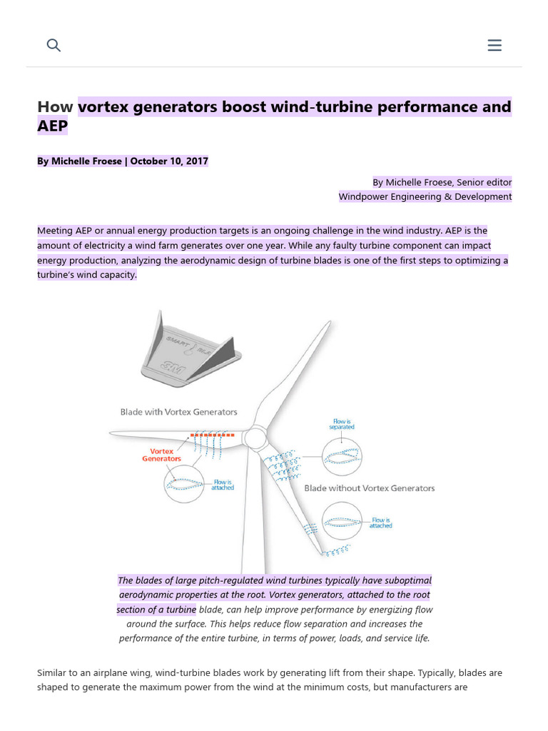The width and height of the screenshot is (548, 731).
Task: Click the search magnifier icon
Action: pos(54,45)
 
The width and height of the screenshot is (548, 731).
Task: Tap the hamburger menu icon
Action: pos(494,45)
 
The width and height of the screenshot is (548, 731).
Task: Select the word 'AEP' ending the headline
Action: pos(52,126)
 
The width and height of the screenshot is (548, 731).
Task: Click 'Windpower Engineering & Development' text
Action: pos(425,196)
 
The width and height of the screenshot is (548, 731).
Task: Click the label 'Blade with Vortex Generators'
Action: pos(178,412)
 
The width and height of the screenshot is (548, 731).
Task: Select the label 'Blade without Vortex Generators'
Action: pos(369,488)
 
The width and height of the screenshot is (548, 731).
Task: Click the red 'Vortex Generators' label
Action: pos(162,455)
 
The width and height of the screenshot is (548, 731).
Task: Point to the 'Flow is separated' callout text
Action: pos(342,424)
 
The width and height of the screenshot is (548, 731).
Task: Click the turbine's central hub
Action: pos(255,437)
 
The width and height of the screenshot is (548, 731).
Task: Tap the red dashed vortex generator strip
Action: pos(212,434)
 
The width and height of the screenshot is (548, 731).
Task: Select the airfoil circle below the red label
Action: pos(184,483)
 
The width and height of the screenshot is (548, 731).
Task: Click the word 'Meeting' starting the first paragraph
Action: pos(55,231)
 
